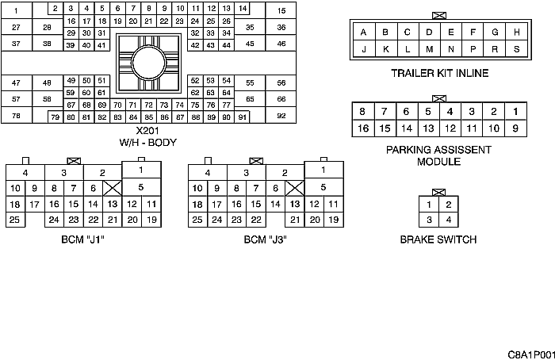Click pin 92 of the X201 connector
281,116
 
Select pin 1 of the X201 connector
17,10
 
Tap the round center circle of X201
149,63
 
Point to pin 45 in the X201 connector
250,44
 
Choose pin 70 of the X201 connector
117,105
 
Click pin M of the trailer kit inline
429,49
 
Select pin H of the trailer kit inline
516,33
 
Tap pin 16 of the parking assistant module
363,128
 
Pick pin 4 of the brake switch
449,220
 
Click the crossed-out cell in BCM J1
113,188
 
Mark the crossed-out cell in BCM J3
295,188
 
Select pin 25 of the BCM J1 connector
15,220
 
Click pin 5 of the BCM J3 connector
323,187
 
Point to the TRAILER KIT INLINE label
439,73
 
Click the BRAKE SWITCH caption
438,239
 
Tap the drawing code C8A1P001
531,354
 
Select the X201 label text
147,131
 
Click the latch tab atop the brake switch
439,193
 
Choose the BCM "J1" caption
82,239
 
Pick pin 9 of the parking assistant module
515,128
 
